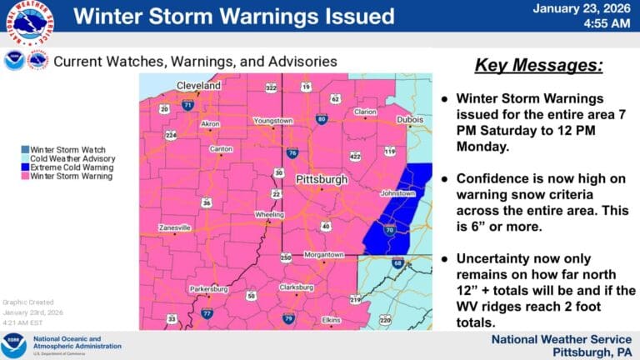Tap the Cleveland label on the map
pyautogui.click(x=198, y=86)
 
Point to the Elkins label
pyautogui.click(x=332, y=320)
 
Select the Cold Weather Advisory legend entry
pyautogui.click(x=73, y=158)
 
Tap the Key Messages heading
pyautogui.click(x=538, y=66)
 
